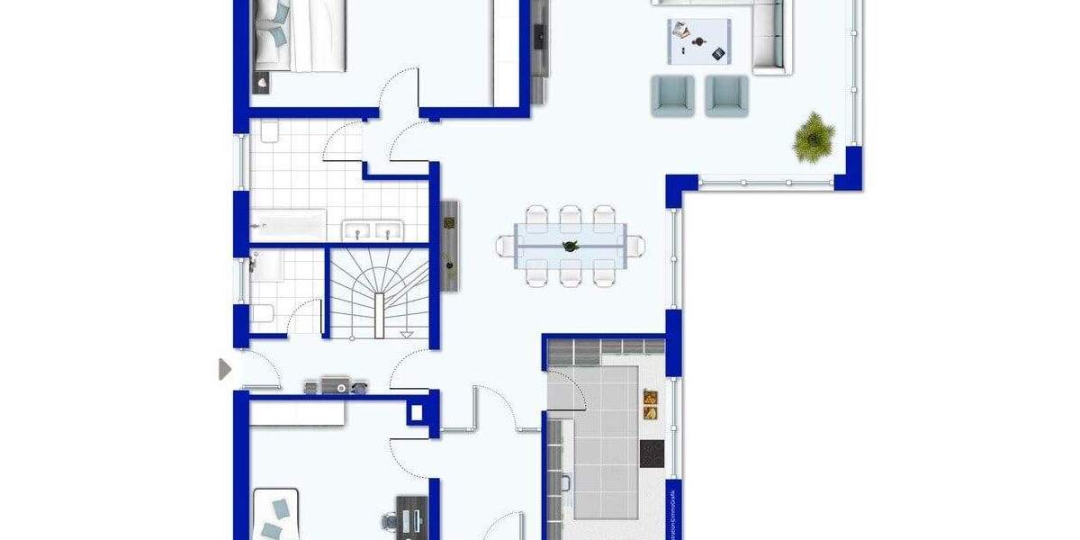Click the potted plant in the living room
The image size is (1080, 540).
coord(814,137)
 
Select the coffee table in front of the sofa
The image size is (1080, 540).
coord(699,41)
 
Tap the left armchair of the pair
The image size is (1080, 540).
coord(672,95)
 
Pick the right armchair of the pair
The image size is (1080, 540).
coord(726,95)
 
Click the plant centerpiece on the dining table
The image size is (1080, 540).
coord(569,246)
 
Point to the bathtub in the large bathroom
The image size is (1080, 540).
coord(287,221)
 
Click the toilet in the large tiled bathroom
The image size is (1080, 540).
coord(269,133)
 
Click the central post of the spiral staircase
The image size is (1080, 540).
coord(380,306)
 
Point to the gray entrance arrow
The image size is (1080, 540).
coord(225,369)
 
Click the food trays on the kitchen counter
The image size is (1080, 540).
coord(650,404)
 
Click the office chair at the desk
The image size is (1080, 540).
coord(390,522)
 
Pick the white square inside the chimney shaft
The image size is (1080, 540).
coord(415,413)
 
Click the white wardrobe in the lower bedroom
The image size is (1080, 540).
coord(297,413)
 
